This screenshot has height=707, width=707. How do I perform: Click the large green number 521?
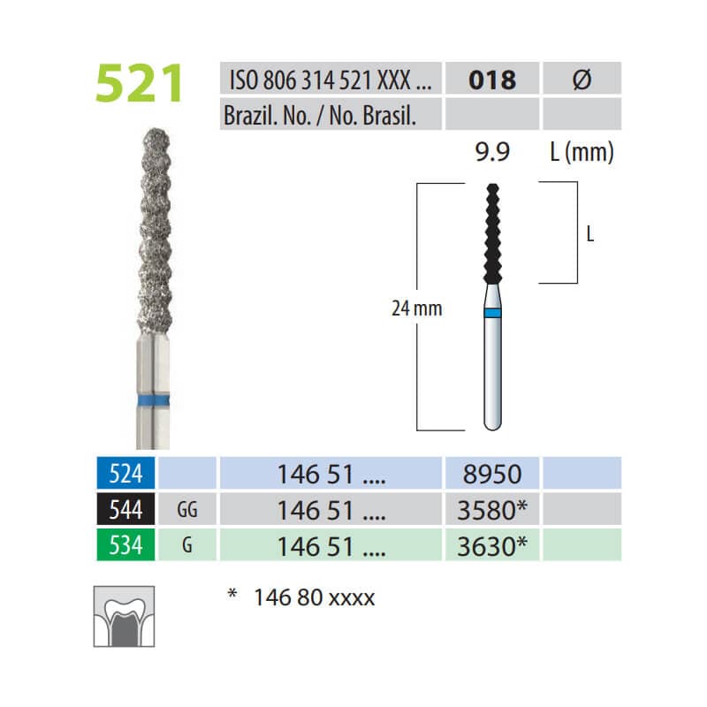point(141,84)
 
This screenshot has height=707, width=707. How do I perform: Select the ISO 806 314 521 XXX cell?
point(329,80)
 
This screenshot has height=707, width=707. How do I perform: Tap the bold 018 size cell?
point(491,80)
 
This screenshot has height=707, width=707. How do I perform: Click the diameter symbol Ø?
point(581,80)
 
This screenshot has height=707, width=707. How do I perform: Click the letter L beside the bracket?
point(589,235)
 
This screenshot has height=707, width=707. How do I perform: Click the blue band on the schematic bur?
point(492,313)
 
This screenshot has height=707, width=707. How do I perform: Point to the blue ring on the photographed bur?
point(148,402)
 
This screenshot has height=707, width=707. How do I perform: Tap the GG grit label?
point(187,511)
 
